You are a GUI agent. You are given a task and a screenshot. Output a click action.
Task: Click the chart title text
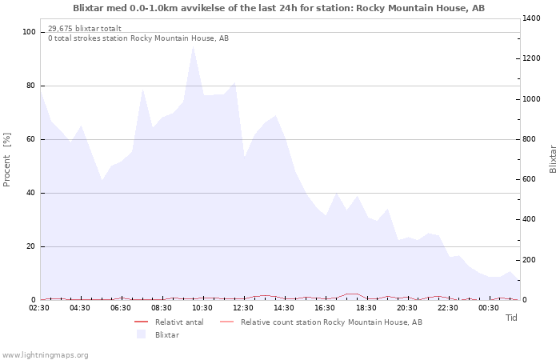[278, 8]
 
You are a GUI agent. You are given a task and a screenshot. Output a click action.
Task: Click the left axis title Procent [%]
[7, 160]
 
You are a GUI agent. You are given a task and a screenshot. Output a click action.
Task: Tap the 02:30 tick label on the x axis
[40, 307]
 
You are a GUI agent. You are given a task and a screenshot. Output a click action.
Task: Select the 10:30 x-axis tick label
[203, 307]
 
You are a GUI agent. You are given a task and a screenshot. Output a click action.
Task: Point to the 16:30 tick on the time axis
[326, 307]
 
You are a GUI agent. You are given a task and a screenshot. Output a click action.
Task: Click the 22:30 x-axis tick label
[448, 307]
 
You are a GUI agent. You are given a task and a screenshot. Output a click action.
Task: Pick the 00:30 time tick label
[489, 307]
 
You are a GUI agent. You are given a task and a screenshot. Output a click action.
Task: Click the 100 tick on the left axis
[30, 32]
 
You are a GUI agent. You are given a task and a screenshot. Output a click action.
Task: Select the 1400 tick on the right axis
[533, 18]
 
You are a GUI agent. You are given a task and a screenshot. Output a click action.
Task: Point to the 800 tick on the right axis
[530, 139]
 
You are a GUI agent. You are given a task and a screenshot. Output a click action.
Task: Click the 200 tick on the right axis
[530, 260]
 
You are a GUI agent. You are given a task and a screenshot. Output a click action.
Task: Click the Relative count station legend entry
[330, 322]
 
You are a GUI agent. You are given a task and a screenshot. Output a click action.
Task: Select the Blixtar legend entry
[166, 334]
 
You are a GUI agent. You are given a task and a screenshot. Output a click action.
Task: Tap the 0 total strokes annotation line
[138, 38]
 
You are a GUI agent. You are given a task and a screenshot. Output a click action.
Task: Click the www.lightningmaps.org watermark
[46, 354]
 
